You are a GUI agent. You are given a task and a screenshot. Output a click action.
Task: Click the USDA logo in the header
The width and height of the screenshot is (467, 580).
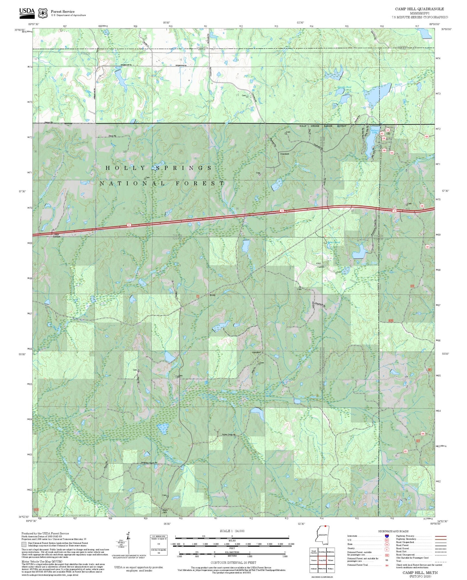(27, 12)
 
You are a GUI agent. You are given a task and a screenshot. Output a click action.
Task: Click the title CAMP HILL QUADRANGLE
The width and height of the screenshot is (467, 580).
(419, 9)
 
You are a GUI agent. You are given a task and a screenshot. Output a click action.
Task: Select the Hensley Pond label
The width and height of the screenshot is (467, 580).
(344, 87)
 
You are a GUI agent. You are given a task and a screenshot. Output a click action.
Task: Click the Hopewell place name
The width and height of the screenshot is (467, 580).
(284, 154)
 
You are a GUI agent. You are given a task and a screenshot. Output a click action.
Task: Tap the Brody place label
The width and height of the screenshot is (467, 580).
(212, 295)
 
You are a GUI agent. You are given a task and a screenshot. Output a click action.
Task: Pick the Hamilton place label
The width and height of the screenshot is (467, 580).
(256, 352)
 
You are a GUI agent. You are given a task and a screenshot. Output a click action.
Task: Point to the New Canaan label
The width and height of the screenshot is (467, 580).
(56, 235)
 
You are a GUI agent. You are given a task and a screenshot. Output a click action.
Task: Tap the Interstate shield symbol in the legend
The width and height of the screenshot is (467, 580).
(387, 536)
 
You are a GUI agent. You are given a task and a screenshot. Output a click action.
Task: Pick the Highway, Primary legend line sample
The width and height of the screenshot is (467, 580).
(440, 536)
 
